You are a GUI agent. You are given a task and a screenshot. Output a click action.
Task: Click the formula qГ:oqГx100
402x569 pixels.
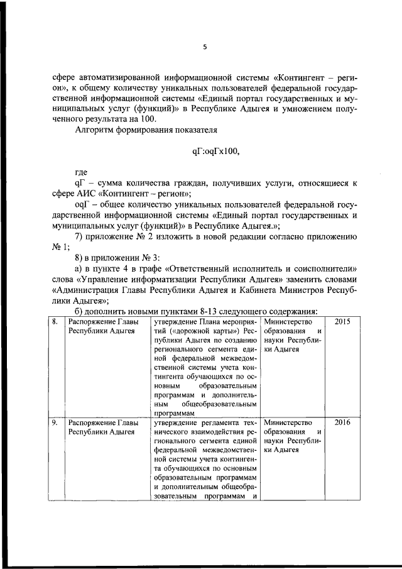coord(215,151)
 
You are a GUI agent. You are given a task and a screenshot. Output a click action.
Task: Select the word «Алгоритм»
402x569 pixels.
coord(95,130)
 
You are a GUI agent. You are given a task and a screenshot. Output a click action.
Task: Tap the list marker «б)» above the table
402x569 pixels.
coord(80,311)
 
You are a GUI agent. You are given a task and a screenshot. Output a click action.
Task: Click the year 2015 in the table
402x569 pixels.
coord(342,321)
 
